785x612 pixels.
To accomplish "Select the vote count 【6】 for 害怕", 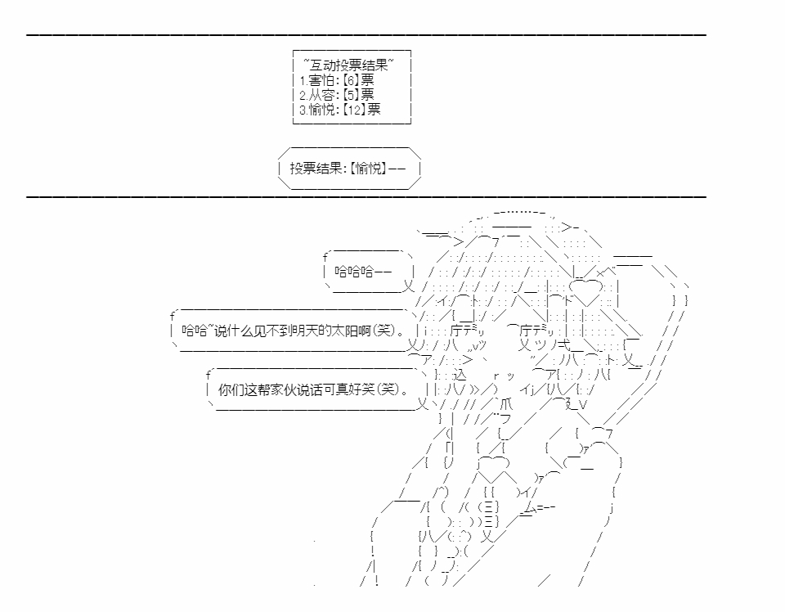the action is (350, 79).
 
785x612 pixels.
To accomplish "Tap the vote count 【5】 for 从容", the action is (350, 94).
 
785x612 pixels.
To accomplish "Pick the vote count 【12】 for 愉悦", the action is (353, 109).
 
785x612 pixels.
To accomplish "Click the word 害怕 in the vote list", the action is (321, 79).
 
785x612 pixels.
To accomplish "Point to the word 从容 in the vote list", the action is (321, 94).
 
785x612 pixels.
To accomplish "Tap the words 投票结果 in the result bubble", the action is (316, 168).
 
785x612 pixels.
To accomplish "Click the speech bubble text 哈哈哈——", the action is (363, 272).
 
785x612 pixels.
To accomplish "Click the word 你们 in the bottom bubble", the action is (231, 389).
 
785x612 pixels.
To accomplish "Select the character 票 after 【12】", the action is (374, 109).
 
